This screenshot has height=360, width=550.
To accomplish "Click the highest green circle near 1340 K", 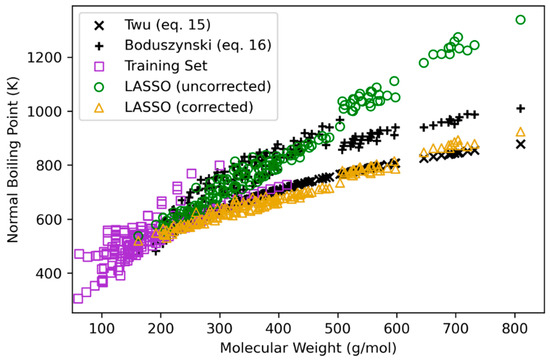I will pos(520,19).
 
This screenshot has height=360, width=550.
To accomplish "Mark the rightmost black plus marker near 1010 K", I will pos(520,108).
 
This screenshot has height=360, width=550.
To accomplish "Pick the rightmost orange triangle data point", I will pos(520,132).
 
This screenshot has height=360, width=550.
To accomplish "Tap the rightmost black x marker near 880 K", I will pos(520,144).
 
